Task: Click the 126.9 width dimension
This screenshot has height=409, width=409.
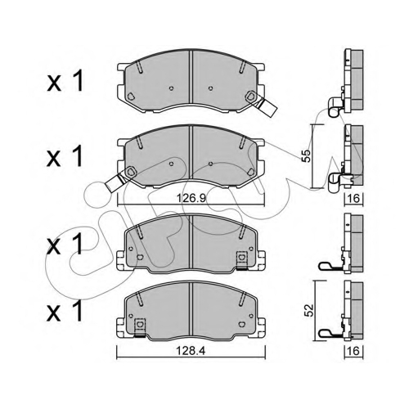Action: [191, 198]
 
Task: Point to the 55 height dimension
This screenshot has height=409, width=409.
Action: [308, 156]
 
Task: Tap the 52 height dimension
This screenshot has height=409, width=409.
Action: [310, 310]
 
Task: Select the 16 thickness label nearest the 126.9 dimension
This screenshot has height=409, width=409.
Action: [354, 199]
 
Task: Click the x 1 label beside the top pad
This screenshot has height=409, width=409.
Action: [65, 81]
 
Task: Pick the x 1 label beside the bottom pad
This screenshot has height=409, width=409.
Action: [65, 310]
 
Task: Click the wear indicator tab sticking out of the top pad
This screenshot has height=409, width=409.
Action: [267, 107]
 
